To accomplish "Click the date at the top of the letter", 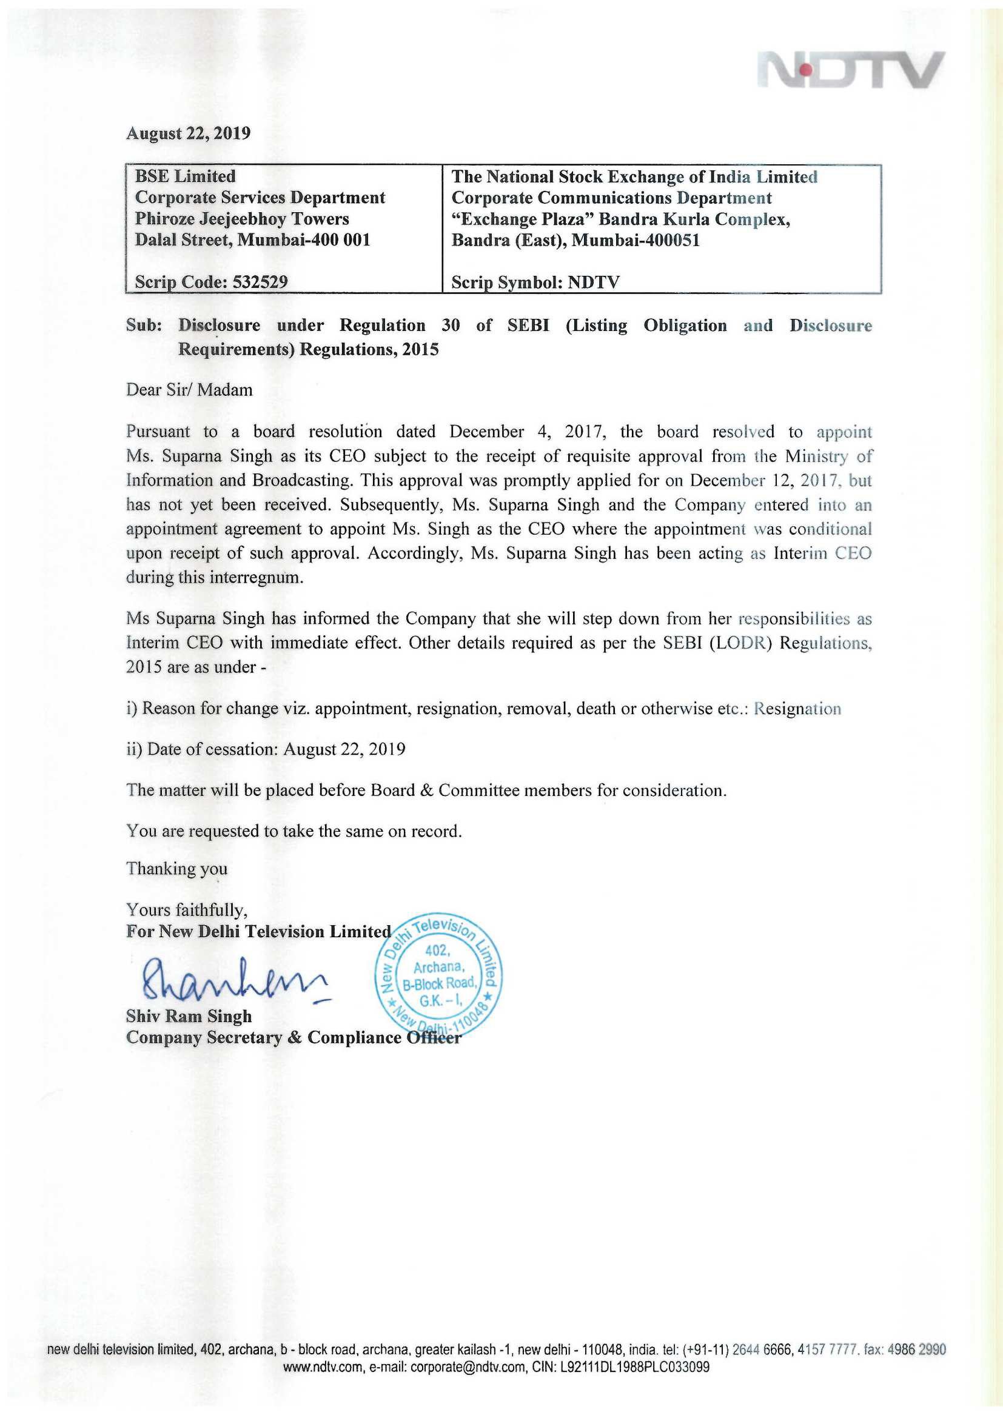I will click(x=189, y=133).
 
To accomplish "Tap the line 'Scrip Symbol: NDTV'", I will click(x=535, y=283).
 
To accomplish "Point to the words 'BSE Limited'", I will click(x=186, y=176).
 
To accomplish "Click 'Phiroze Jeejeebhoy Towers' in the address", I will click(x=242, y=219).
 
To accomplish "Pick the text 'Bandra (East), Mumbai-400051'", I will click(x=575, y=240).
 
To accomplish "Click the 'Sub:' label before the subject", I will click(x=144, y=326).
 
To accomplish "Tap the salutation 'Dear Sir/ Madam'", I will click(x=189, y=390).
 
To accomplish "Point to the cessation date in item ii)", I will click(x=344, y=749).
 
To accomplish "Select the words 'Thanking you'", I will click(x=176, y=869).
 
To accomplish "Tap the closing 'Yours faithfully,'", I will click(x=187, y=910).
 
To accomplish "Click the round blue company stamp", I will click(x=438, y=977).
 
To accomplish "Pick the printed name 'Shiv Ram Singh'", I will click(x=189, y=1016).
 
